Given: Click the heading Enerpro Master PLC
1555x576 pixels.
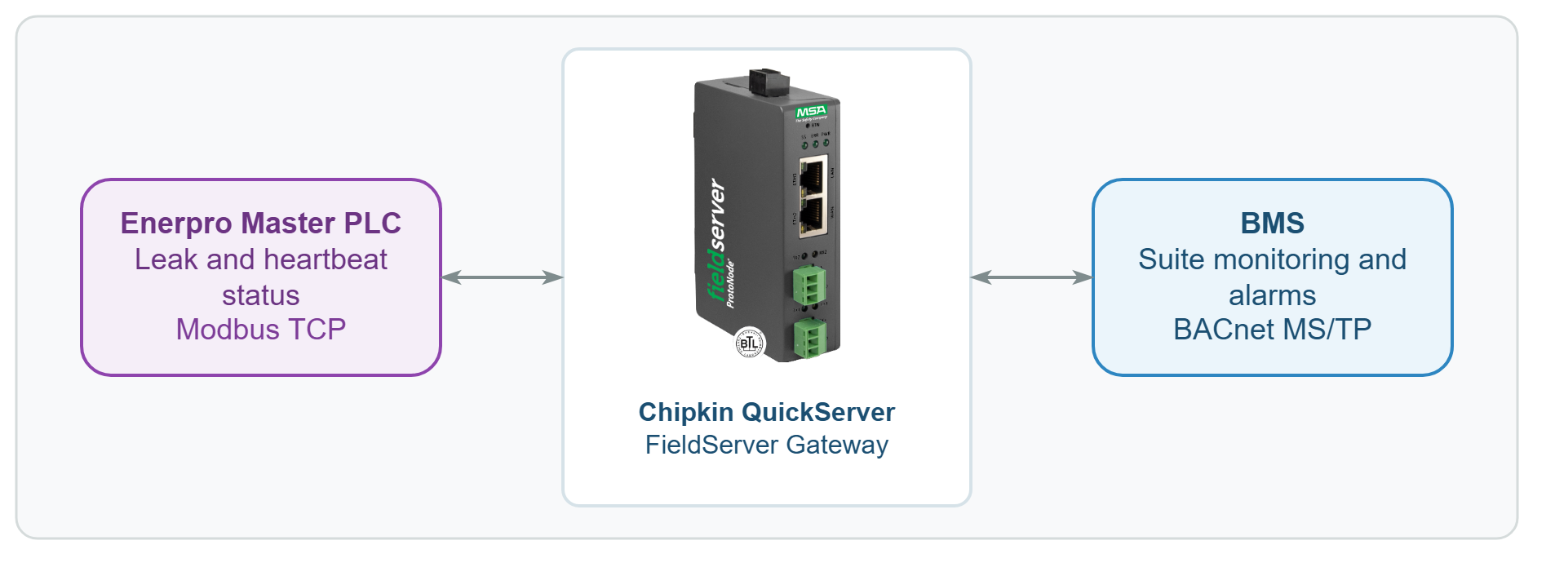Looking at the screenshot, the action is click(260, 223).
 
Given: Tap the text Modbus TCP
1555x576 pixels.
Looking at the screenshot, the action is click(260, 329).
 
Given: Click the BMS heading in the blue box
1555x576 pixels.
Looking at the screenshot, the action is click(1272, 223).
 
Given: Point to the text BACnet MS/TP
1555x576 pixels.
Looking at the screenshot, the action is click(1272, 329).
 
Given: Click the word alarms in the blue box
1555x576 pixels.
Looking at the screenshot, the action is click(1272, 295).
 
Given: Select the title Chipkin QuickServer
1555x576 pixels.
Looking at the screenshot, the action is click(766, 412).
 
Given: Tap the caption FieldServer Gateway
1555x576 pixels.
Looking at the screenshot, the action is click(766, 445).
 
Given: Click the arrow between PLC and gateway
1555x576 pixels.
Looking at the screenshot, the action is click(502, 277).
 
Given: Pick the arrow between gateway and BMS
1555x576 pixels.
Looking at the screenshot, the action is click(1031, 277).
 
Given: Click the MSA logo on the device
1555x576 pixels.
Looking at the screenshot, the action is click(811, 112).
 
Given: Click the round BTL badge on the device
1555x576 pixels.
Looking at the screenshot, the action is click(750, 343).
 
